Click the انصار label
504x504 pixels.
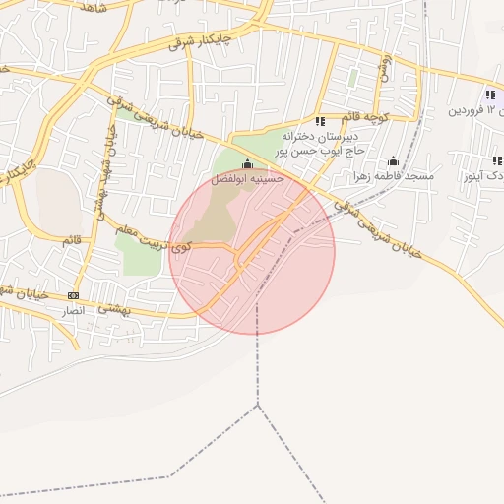click(75, 310)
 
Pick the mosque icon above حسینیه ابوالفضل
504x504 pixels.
click(247, 164)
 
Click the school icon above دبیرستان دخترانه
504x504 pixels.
click(320, 120)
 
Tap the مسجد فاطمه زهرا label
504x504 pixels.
click(395, 176)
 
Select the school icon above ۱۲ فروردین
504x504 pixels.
click(489, 94)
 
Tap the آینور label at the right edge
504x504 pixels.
click(482, 175)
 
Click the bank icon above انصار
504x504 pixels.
click(73, 295)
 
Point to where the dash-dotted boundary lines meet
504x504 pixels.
click(258, 404)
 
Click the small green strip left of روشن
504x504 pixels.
click(352, 76)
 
